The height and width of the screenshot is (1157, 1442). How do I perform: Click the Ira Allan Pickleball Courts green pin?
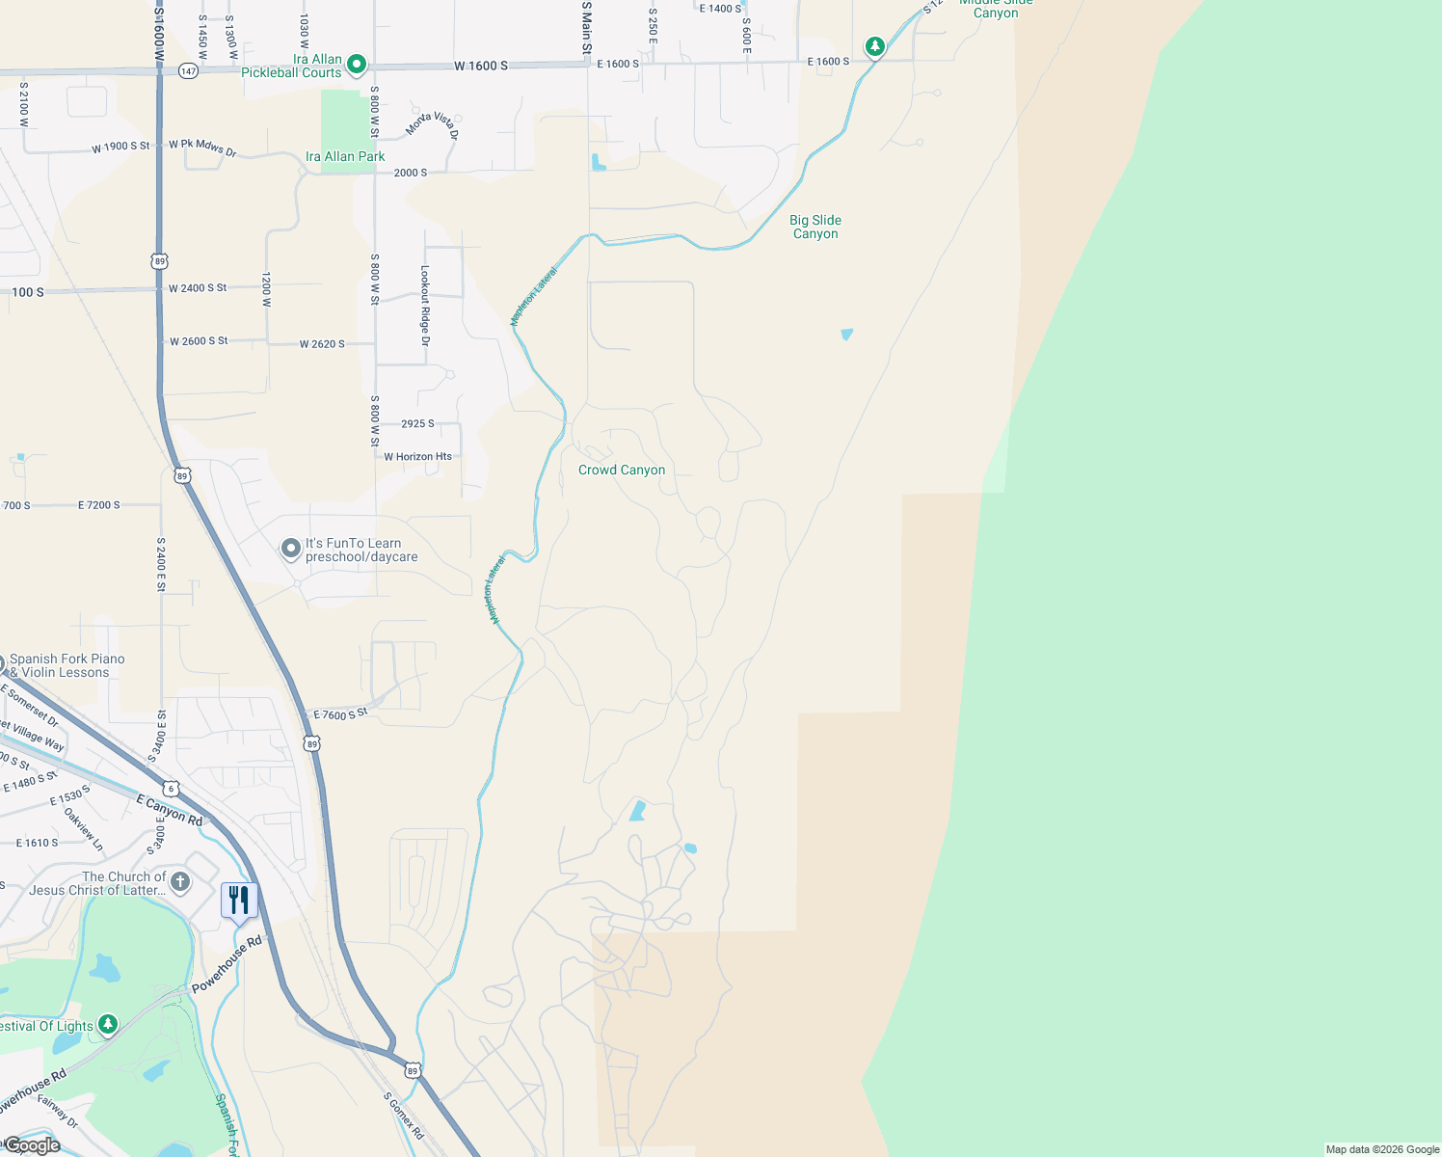tap(357, 65)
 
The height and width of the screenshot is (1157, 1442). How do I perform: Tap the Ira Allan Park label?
tap(345, 156)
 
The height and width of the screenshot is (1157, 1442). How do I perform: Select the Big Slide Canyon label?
tap(815, 227)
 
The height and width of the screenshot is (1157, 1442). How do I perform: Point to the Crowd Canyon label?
tap(622, 470)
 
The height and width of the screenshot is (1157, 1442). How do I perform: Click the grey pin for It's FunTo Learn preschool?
tap(291, 550)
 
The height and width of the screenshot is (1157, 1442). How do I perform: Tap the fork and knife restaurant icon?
tap(239, 901)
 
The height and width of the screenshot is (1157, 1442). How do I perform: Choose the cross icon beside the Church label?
tap(180, 882)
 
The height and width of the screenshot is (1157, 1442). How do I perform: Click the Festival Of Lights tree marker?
tap(108, 1024)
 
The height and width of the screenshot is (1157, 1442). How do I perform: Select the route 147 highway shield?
tap(188, 71)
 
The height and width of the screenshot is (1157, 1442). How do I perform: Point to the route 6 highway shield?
tap(171, 789)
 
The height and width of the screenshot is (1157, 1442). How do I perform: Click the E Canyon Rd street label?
tap(170, 811)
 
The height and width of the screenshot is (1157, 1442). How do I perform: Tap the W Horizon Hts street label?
tap(417, 457)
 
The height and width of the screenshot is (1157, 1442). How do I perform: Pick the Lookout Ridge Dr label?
tap(425, 306)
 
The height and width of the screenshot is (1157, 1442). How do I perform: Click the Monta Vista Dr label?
tap(432, 124)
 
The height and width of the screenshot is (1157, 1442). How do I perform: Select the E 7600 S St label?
tap(341, 714)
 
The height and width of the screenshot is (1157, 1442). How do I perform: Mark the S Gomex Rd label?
tap(403, 1116)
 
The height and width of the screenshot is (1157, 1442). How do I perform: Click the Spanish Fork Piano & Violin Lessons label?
tap(67, 665)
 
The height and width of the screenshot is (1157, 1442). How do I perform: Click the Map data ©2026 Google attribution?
tap(1382, 1149)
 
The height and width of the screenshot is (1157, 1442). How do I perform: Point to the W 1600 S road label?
tap(481, 66)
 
